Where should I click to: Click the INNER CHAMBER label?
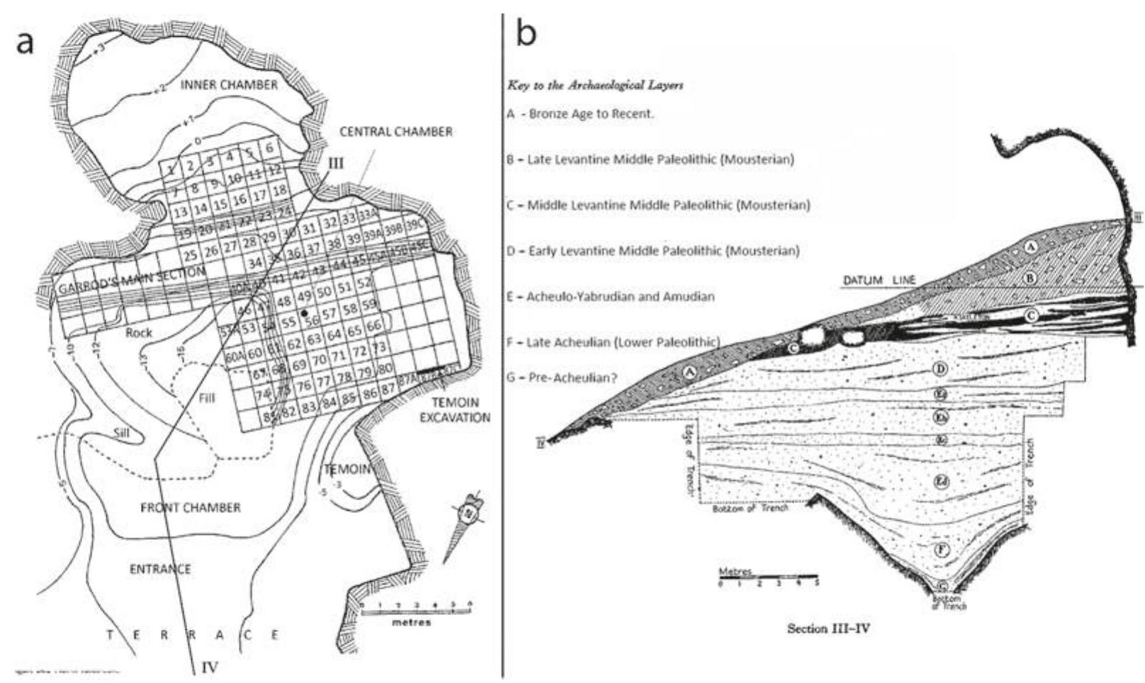click(228, 86)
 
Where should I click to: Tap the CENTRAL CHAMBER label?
click(395, 132)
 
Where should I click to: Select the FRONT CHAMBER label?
click(191, 507)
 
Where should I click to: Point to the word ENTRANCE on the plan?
click(161, 569)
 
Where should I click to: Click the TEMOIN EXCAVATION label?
click(454, 410)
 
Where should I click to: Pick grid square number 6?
click(270, 148)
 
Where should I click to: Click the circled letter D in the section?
click(941, 368)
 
